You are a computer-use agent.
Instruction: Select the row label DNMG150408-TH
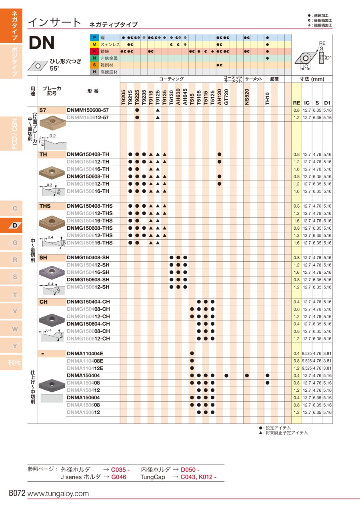[88, 154]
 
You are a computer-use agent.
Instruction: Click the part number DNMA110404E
[85, 354]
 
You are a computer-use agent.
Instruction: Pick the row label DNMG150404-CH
[88, 302]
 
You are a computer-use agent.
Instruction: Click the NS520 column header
[247, 97]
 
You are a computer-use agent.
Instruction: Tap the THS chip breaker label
[45, 206]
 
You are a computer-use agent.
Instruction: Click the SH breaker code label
[43, 258]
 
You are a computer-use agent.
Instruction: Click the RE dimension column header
[296, 103]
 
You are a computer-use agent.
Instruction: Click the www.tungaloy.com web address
[58, 494]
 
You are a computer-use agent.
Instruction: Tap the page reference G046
[119, 477]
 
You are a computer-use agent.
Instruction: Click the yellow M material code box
[94, 44]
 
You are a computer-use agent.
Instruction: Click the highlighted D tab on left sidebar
[15, 225]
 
